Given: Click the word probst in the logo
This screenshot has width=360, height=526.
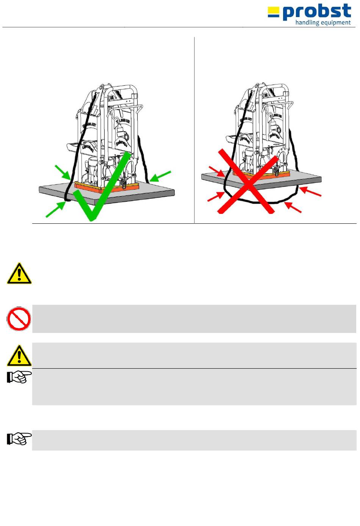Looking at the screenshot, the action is tap(317, 12).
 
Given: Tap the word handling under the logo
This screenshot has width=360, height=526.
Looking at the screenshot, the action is tap(307, 23).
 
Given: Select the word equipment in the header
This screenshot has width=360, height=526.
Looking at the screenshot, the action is tap(336, 23).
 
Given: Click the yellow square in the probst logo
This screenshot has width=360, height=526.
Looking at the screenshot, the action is tap(273, 10).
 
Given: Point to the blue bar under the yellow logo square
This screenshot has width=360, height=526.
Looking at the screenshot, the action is tap(273, 16).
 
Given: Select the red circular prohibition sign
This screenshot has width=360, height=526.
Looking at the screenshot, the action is tap(19, 319).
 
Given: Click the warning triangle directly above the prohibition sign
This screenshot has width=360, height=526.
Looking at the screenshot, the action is tap(19, 273).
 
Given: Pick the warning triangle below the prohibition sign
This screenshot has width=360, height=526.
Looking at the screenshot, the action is tap(19, 355).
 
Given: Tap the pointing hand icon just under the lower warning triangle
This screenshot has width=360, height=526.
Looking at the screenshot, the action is tap(19, 377).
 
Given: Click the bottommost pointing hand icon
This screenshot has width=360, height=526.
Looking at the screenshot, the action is tap(19, 438).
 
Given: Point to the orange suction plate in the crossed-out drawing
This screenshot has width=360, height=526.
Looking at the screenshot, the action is tap(265, 174).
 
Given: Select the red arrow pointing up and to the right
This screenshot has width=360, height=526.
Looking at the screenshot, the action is tap(216, 197).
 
